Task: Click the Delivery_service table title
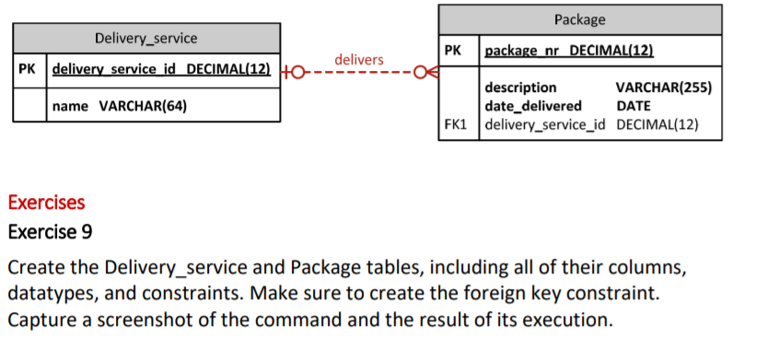(145, 38)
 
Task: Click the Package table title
(580, 19)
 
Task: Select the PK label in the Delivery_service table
(29, 69)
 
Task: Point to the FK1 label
(457, 124)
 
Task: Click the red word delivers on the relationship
(358, 60)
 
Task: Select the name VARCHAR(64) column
(120, 106)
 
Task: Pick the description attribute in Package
(520, 87)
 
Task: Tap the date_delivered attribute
(532, 106)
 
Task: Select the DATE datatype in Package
(633, 106)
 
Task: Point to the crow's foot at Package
(423, 70)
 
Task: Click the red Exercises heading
(46, 202)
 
